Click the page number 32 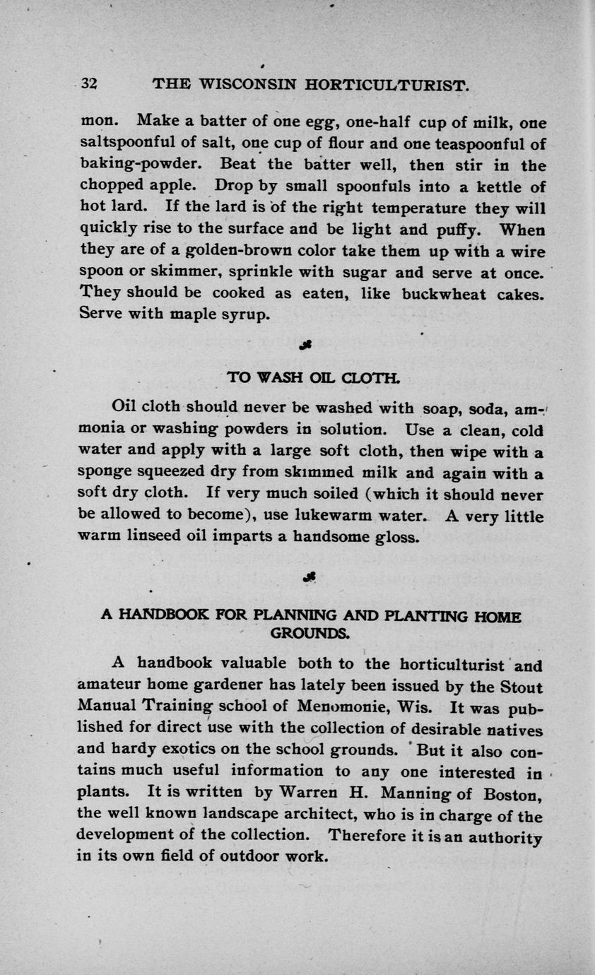click(88, 83)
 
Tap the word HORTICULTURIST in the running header click(387, 85)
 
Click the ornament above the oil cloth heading click(306, 344)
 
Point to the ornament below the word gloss click(308, 577)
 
